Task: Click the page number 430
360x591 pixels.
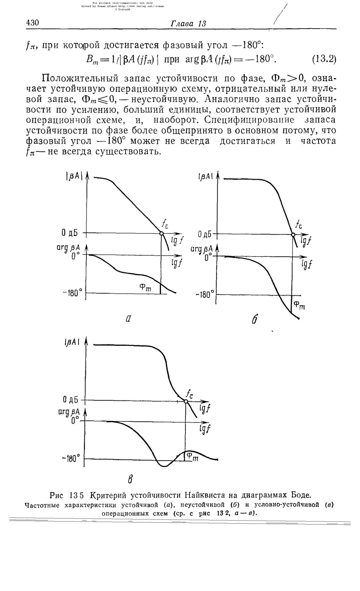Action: pos(33,23)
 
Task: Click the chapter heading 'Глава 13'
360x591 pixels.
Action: pos(188,24)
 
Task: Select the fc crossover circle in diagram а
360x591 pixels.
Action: pos(161,233)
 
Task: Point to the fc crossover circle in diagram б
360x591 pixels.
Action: pos(293,235)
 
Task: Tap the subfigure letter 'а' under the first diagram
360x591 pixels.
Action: pos(128,319)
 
